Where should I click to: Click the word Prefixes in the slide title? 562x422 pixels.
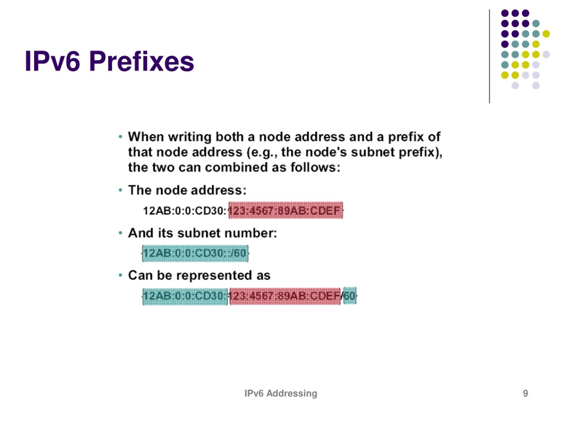tap(142, 62)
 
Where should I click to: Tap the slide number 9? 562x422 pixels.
tap(525, 393)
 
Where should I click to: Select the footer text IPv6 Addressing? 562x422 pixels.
tap(281, 393)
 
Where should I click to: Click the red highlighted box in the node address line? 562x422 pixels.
tap(286, 210)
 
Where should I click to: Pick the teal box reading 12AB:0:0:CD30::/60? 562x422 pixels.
tap(195, 253)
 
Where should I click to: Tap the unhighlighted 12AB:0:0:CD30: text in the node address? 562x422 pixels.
tap(185, 211)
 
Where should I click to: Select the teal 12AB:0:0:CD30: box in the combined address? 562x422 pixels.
tap(185, 296)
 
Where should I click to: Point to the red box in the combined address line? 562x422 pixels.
tap(285, 296)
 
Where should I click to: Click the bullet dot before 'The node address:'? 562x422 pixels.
tap(121, 190)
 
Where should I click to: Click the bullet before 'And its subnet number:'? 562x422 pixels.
tap(121, 233)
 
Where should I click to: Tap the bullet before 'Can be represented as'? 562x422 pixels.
tap(121, 275)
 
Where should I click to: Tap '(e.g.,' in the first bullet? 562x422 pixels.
tap(262, 153)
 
